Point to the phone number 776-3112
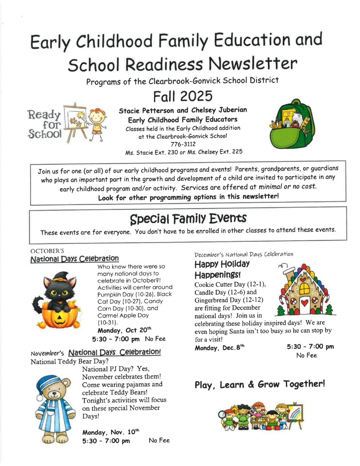click(184, 144)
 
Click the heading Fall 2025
click(183, 95)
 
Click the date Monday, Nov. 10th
click(111, 431)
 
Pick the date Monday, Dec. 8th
click(218, 347)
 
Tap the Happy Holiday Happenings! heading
click(222, 269)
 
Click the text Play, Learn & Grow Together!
click(259, 384)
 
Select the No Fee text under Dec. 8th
click(307, 356)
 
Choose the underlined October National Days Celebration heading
click(75, 258)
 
